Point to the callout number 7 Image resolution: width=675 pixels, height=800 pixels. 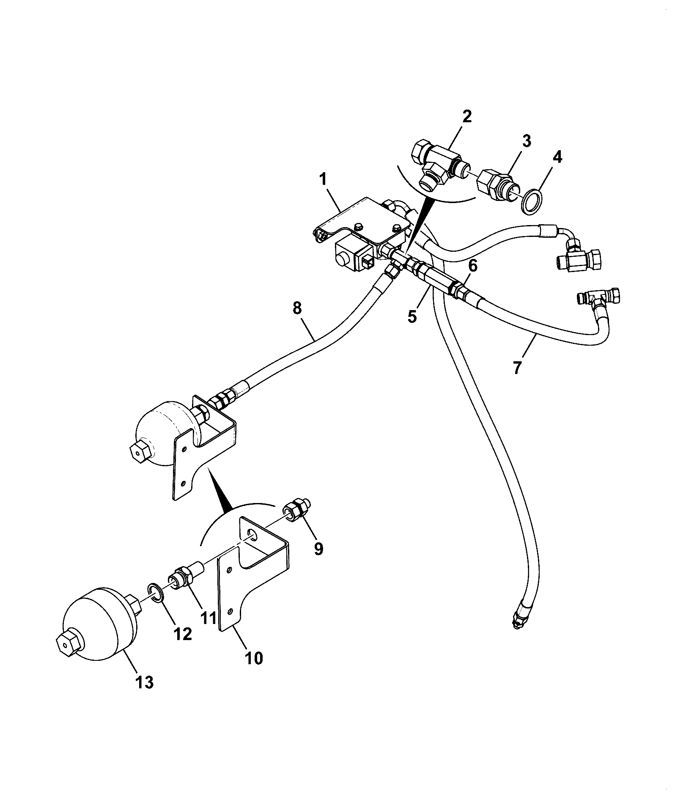click(518, 366)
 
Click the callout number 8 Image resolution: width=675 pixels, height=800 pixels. click(297, 308)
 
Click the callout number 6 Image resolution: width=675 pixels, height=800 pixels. click(473, 266)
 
